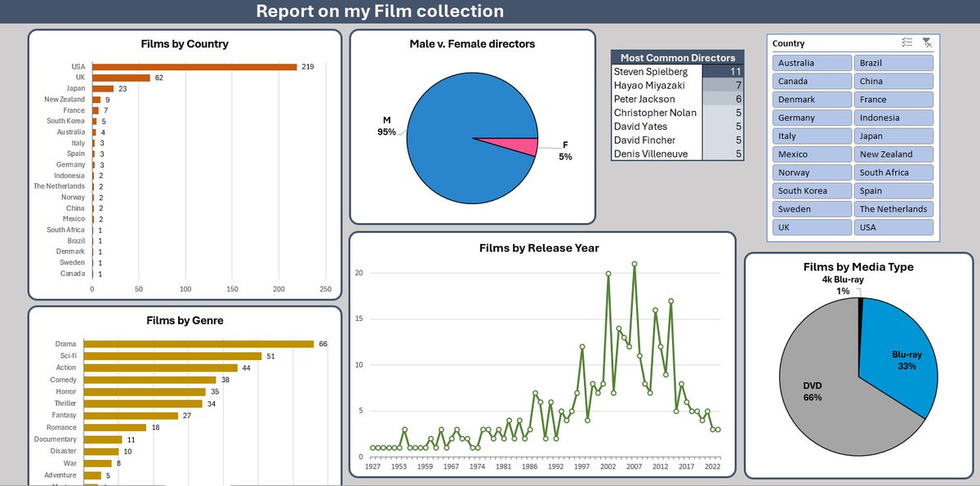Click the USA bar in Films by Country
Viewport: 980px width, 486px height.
[x=194, y=67]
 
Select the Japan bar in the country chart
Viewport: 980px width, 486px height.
[x=103, y=88]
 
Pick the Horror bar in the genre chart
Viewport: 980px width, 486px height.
[x=145, y=392]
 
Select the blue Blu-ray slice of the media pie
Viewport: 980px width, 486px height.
[x=898, y=351]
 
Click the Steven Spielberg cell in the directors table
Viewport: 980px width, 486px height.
[x=651, y=72]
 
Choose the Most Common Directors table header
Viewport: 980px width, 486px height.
[x=678, y=57]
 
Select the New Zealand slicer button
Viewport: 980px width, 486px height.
[x=894, y=154]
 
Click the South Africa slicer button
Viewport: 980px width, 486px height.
[x=894, y=172]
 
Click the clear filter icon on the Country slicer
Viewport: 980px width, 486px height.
[x=926, y=43]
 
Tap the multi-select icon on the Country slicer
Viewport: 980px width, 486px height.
[x=906, y=43]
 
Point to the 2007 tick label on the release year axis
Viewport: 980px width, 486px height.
[x=635, y=467]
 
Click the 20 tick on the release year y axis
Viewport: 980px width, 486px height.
[x=358, y=273]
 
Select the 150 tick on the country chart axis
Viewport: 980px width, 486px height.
[x=232, y=289]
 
